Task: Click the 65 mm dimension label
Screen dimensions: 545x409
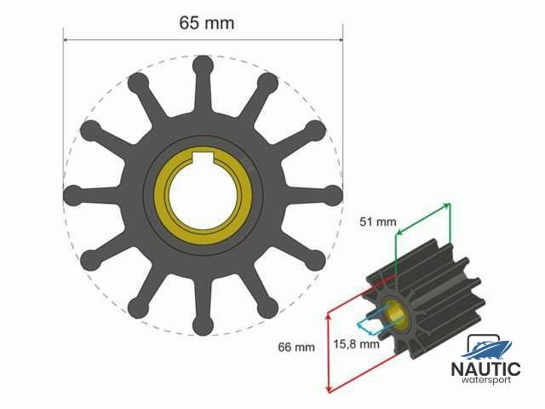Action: [x=207, y=23]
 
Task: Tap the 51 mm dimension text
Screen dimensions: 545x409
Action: [x=378, y=222]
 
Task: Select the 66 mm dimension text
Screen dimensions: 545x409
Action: [x=296, y=347]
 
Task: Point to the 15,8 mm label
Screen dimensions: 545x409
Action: [x=356, y=344]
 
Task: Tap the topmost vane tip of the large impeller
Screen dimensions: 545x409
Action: [x=203, y=66]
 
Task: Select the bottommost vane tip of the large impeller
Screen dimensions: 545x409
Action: [x=203, y=325]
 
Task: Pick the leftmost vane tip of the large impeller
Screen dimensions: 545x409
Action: [x=74, y=195]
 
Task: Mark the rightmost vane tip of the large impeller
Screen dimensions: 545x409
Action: [x=333, y=195]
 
